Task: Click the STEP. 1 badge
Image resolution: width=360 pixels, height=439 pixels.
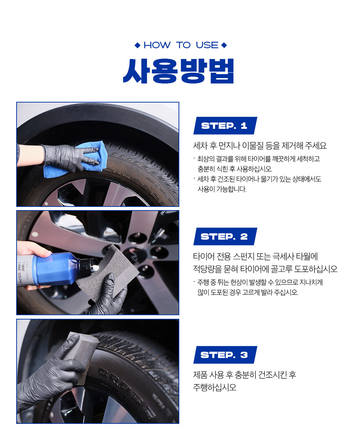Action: coord(225,126)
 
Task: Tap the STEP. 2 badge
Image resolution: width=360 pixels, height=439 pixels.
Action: coord(225,236)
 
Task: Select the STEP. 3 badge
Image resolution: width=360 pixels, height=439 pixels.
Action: coord(225,355)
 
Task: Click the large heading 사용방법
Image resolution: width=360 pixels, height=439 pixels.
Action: coord(179,71)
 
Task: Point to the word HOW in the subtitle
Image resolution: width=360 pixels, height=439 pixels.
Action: coord(157,45)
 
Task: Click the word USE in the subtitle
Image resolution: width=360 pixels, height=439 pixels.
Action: coord(207,45)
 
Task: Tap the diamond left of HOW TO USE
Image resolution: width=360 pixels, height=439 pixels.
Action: coord(138,45)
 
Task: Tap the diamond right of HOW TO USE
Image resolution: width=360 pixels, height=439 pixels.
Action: coord(224,45)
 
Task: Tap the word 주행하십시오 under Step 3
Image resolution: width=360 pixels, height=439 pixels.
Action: coord(215,388)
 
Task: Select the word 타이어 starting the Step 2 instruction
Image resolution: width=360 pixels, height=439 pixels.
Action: coord(204,256)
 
